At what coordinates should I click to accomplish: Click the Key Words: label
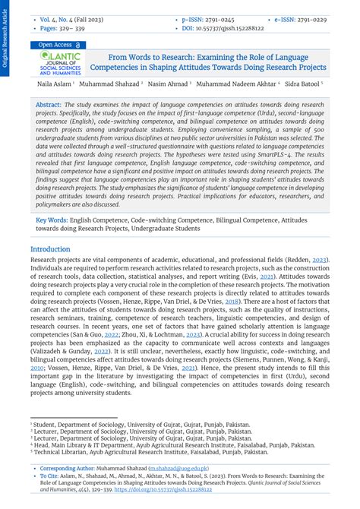click(x=52, y=220)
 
